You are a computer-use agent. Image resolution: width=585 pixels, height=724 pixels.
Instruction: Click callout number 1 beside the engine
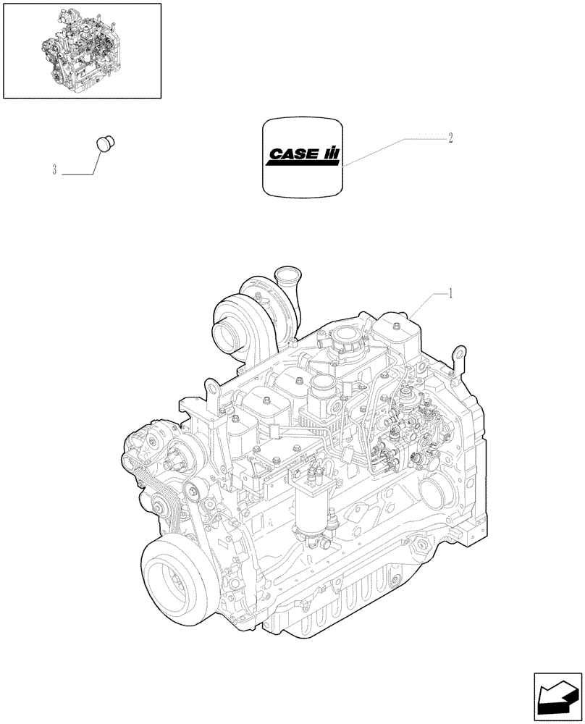tap(451, 293)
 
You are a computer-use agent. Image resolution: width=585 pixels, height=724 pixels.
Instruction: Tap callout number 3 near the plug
tap(54, 171)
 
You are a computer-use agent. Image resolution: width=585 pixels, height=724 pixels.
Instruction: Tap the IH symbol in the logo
tap(331, 153)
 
